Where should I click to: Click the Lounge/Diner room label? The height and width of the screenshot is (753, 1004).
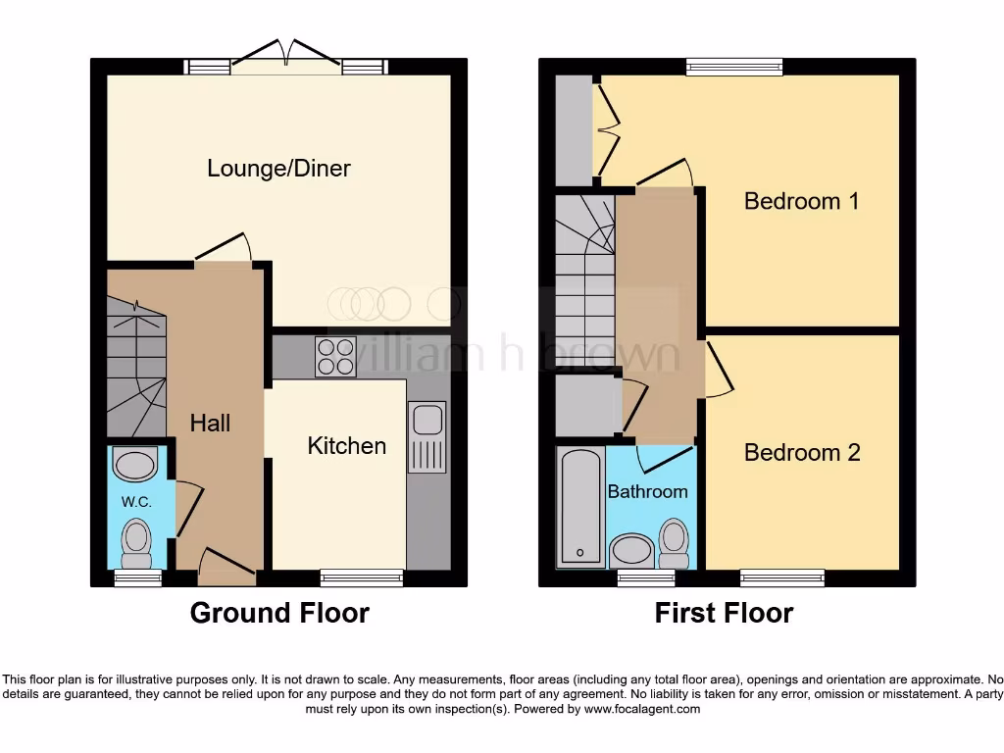point(278,169)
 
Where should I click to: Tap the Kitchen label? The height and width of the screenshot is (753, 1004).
point(346,446)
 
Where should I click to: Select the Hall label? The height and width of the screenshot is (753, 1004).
point(210,423)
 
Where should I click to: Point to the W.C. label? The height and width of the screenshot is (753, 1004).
point(134,501)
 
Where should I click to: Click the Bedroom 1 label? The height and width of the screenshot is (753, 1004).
point(801,201)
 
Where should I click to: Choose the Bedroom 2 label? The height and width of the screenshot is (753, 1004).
point(802,452)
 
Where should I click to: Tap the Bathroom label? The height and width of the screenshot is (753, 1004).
point(647,491)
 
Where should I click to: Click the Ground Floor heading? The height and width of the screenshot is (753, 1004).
point(279,614)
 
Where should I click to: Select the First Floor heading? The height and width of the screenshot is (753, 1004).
point(724,614)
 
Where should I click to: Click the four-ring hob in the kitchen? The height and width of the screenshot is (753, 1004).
point(335,356)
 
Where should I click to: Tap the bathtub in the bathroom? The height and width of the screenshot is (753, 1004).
point(580,507)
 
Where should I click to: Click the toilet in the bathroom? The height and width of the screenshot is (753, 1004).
point(674,542)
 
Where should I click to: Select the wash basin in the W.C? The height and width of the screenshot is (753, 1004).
point(135,463)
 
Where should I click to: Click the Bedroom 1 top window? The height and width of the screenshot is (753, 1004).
point(734,67)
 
